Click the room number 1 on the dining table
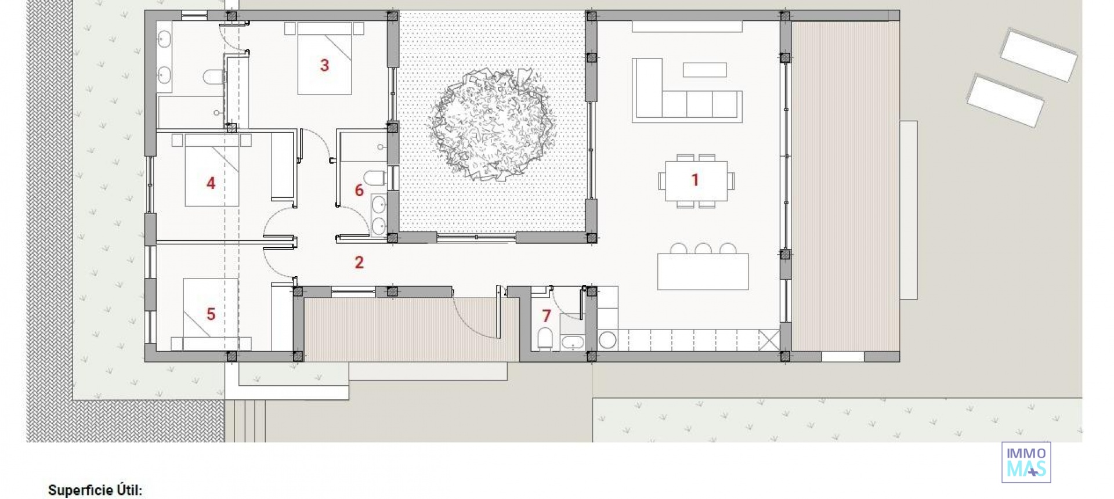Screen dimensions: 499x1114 click(695, 180)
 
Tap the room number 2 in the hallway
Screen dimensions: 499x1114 click(359, 263)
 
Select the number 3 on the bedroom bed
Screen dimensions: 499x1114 click(324, 66)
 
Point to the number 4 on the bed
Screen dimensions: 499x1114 click(211, 184)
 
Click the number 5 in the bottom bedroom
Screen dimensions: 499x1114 click(211, 314)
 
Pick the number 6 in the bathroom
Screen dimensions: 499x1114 click(359, 190)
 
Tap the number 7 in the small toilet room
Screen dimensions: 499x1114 click(546, 316)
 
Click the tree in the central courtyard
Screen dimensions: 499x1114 click(492, 123)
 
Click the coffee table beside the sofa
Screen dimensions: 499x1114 click(704, 70)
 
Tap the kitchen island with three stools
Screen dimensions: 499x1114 click(703, 272)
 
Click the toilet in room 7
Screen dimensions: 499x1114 click(545, 339)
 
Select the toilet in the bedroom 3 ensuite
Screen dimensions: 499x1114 click(213, 77)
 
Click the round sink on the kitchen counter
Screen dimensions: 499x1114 click(607, 340)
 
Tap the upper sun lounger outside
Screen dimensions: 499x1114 click(1038, 55)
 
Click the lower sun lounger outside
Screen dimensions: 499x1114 click(1005, 100)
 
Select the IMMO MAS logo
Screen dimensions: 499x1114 click(1026, 462)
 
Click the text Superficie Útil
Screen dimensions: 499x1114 click(95, 490)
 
